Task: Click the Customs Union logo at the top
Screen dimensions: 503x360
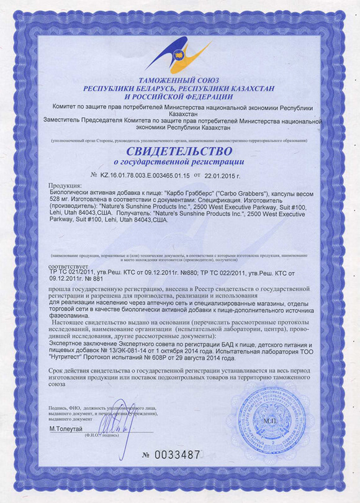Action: [x=179, y=53]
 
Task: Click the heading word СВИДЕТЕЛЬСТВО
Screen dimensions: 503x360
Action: [x=179, y=151]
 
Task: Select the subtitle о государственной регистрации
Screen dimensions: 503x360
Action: [x=179, y=162]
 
